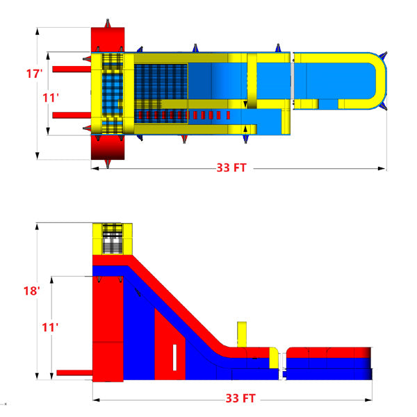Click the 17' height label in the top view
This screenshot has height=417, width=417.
33,72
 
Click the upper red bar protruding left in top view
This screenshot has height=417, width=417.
70,69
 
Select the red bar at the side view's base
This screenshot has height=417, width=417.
74,373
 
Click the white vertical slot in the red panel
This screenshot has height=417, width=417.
174,357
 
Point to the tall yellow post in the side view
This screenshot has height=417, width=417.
241,334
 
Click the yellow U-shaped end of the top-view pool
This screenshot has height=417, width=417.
375,80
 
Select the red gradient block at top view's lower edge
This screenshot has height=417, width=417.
107,147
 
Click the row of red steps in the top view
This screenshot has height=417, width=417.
184,114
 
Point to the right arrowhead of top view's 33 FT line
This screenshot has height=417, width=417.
383,167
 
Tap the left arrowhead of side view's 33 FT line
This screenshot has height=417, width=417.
96,399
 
